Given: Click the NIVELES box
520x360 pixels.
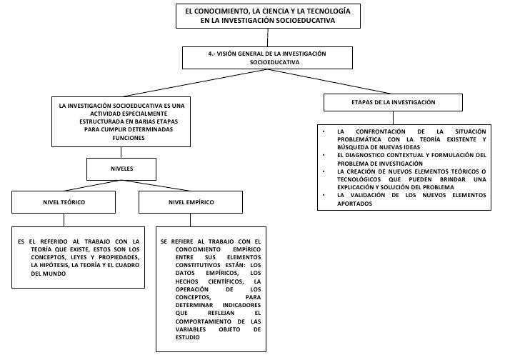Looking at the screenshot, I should tap(121, 169).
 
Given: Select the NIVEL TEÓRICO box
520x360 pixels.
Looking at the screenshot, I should tap(64, 203).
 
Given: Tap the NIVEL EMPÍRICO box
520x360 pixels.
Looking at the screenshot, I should tap(191, 203).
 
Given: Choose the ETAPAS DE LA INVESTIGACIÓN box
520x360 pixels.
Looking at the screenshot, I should tap(393, 103).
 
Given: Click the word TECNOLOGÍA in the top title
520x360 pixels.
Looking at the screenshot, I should tap(324, 11).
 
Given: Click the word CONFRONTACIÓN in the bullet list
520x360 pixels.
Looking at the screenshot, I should tap(386, 131).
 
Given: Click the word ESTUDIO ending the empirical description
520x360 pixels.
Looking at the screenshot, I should tap(188, 337).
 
